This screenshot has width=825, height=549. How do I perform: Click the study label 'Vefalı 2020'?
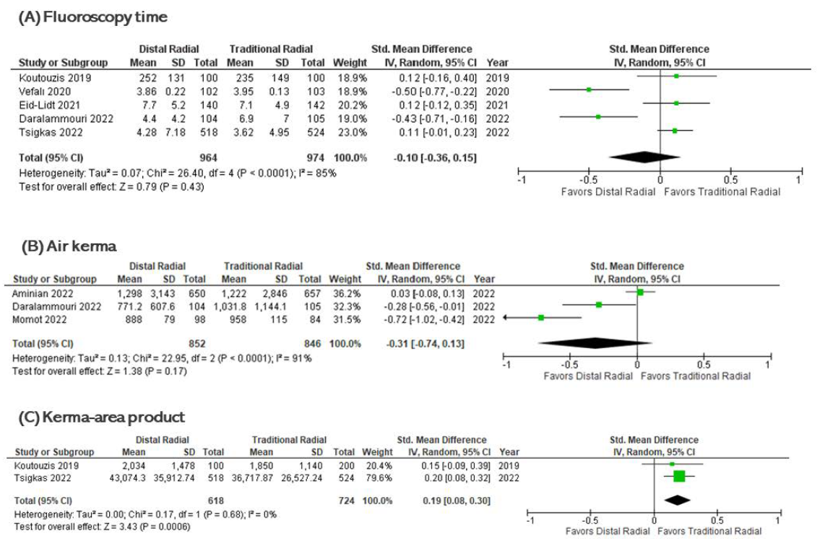point(45,90)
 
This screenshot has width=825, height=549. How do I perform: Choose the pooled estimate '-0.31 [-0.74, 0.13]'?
point(426,344)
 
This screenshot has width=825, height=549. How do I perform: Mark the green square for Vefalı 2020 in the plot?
point(589,90)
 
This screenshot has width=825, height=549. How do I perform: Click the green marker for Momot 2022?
point(540,318)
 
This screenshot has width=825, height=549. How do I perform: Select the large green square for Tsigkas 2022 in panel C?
point(679,476)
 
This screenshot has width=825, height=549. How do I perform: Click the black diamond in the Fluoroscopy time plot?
point(645,157)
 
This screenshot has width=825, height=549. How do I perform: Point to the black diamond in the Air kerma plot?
point(594,344)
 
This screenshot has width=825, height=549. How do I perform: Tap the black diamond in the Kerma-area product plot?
point(677,499)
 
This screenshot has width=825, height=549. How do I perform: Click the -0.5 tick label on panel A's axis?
point(589,180)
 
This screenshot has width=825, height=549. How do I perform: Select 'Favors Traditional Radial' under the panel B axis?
point(695,376)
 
